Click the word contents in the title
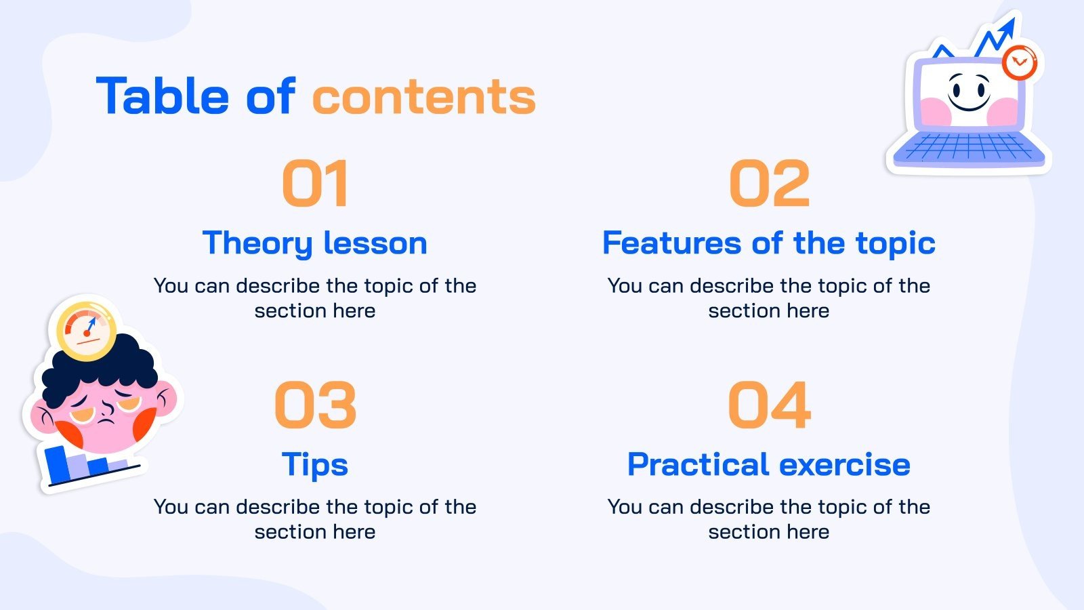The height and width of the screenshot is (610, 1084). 423,97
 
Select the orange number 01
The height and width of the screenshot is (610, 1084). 315,183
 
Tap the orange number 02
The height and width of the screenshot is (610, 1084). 769,183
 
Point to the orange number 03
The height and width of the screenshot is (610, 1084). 315,405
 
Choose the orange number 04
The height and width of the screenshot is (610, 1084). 769,405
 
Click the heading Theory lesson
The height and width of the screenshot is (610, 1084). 315,243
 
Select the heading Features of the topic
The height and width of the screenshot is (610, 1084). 769,243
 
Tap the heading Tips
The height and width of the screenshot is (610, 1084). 315,464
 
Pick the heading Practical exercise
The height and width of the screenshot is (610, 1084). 769,464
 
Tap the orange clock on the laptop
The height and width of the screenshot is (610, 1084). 1019,63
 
